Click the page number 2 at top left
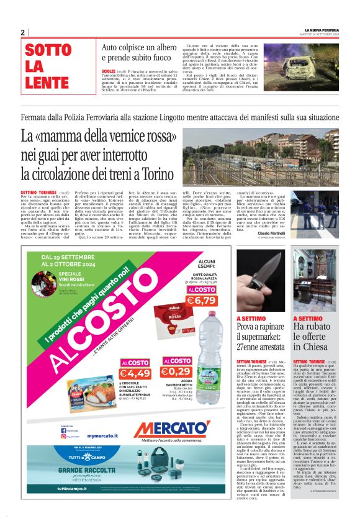coord(22,32)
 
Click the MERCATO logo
coord(171,429)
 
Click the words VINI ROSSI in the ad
coord(70,279)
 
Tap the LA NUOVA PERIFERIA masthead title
coord(321,29)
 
